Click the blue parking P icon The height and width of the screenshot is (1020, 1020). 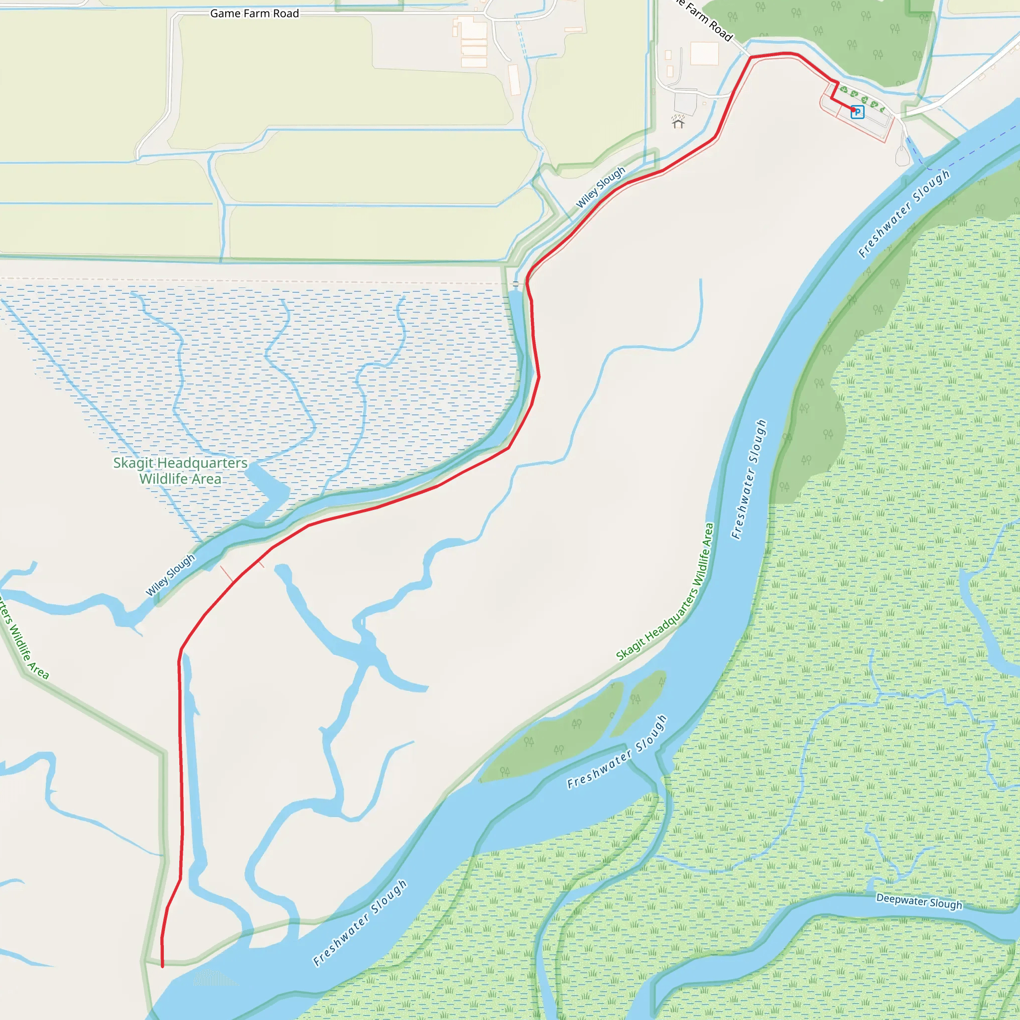(858, 112)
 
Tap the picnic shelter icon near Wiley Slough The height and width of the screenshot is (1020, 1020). (678, 123)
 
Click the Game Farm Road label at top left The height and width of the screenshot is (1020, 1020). (255, 13)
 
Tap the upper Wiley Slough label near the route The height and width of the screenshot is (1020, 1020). (600, 187)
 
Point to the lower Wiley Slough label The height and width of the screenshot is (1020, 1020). (170, 575)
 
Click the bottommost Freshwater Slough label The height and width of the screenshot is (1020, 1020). (360, 923)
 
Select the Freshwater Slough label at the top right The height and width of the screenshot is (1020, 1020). (904, 213)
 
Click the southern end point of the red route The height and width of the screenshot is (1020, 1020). (162, 966)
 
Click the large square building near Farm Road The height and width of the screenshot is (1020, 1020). (704, 54)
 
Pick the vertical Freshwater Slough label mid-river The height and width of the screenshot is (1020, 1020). (749, 480)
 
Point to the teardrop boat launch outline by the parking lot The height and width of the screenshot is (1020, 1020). (903, 155)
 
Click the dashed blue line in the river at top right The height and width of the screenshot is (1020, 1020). (977, 148)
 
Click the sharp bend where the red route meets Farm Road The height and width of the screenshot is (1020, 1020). (751, 57)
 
